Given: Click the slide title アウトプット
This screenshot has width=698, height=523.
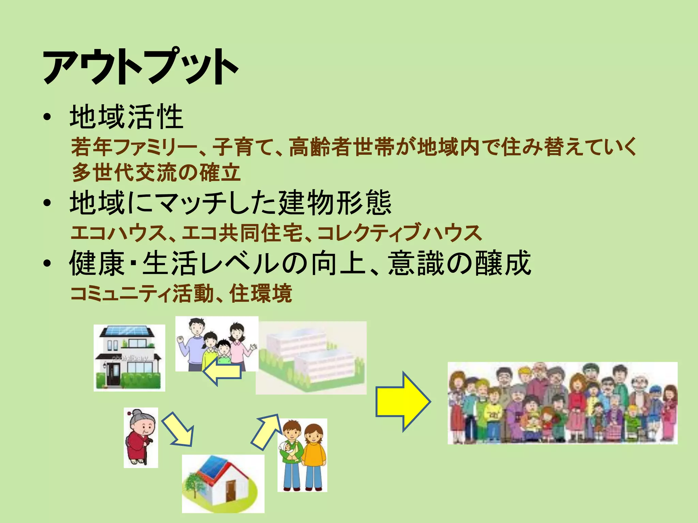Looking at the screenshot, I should (140, 67).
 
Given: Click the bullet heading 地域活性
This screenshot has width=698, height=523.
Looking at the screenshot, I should (126, 117).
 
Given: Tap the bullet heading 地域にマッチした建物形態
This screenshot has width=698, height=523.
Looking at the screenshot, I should (230, 203).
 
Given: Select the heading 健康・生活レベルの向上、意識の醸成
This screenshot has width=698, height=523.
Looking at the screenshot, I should (300, 263).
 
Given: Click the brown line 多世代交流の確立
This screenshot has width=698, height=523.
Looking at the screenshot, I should (156, 173).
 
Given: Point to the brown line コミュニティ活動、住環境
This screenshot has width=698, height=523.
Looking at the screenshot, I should (181, 294).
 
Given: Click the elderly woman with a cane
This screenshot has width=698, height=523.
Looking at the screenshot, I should (140, 437).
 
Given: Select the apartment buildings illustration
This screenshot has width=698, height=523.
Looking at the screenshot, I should (311, 358).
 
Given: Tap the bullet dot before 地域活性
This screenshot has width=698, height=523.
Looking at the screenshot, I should (47, 117).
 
